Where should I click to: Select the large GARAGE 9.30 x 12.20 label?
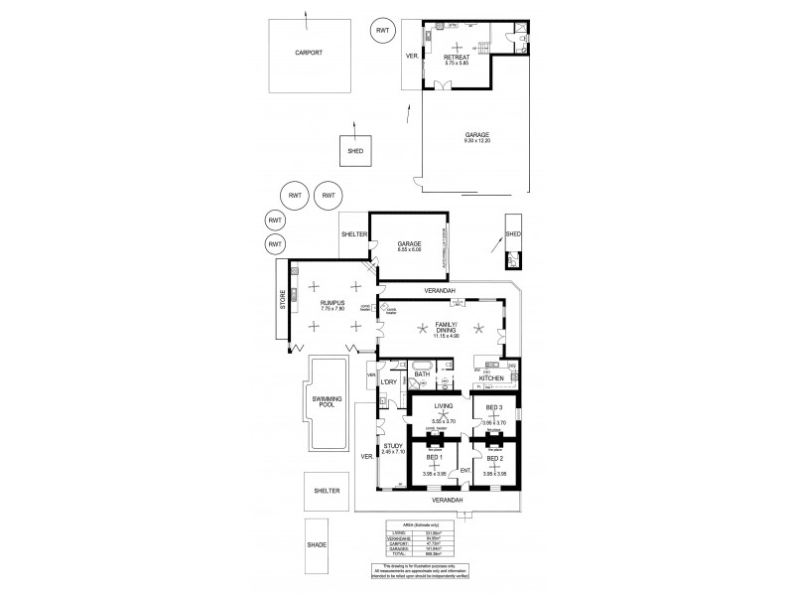(476, 136)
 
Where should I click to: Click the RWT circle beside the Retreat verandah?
(382, 31)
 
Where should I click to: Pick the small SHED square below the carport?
(354, 151)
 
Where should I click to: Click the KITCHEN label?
(493, 378)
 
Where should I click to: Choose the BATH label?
(421, 374)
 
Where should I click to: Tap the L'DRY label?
(389, 382)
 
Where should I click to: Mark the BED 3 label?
(493, 406)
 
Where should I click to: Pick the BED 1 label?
(433, 458)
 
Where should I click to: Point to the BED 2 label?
(493, 458)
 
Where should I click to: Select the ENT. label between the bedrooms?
(463, 469)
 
